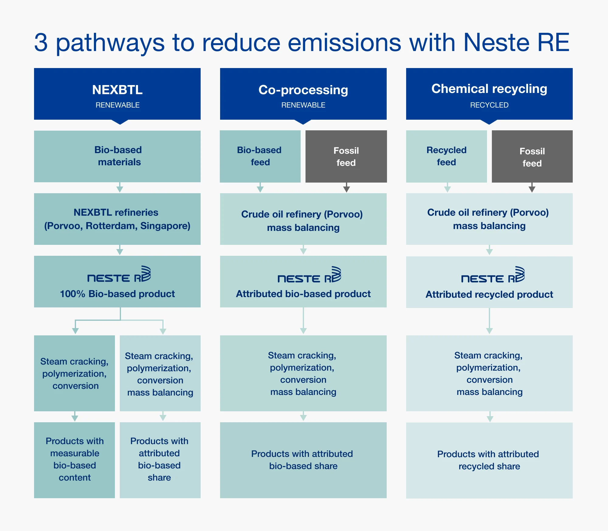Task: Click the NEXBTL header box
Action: coord(117,94)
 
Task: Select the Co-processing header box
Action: coord(303,94)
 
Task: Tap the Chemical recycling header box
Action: coord(489,94)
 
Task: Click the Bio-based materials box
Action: coord(117,156)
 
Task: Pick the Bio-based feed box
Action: coord(260,156)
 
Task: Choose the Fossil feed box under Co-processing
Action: coord(346,156)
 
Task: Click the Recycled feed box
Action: coord(447,156)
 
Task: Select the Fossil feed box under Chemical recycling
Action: coord(532,156)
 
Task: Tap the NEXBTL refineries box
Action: coord(117,219)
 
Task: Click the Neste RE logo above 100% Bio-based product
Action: coord(119,274)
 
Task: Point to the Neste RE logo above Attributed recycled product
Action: coord(493,275)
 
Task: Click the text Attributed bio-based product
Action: coord(303,294)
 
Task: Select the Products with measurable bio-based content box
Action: coord(74,460)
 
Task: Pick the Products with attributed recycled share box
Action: coord(489,460)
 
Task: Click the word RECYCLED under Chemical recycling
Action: coord(489,105)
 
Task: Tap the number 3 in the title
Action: coord(41,42)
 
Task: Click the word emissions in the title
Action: coord(344,42)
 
